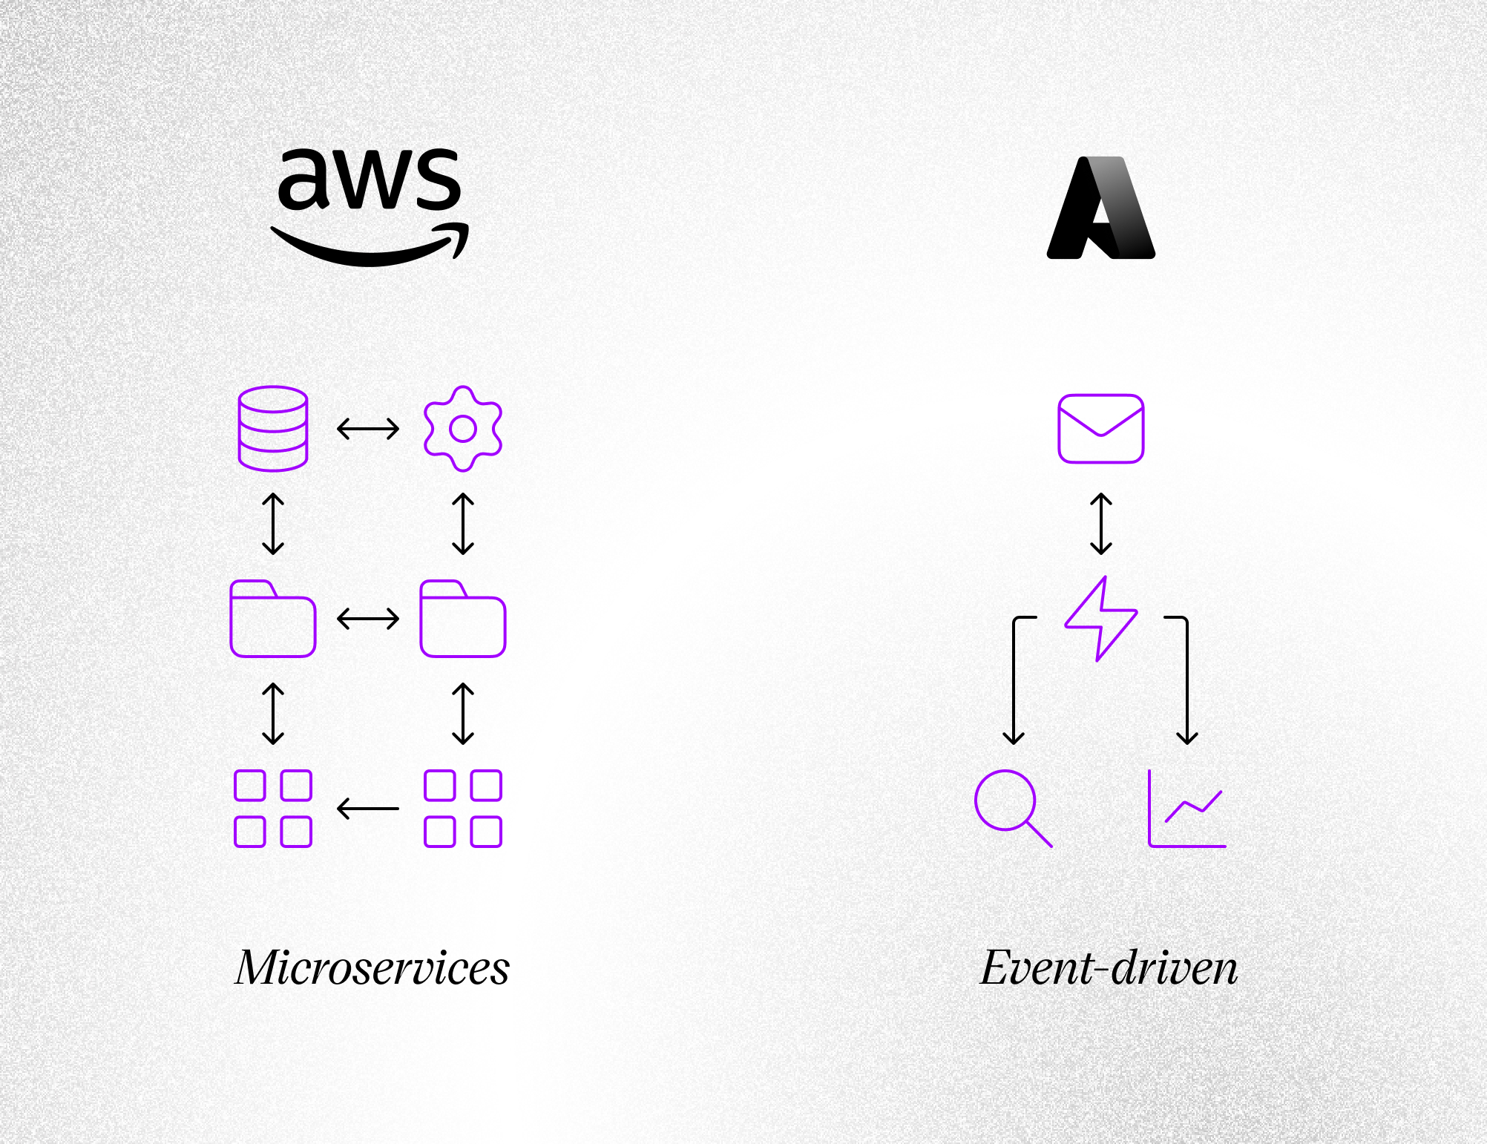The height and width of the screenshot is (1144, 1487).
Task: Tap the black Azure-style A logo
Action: (x=1101, y=208)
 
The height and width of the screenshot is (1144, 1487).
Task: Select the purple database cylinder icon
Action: (x=273, y=429)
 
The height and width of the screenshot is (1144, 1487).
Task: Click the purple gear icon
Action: (x=463, y=429)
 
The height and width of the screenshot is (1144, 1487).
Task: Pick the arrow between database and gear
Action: (x=368, y=429)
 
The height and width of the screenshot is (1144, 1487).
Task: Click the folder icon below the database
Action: (x=273, y=619)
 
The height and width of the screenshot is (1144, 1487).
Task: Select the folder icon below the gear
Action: (x=463, y=619)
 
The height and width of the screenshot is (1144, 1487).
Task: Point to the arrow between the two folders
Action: (x=368, y=619)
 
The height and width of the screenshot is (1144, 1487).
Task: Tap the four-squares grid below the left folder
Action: (x=273, y=809)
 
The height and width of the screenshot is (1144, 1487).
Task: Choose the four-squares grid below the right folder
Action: (x=463, y=809)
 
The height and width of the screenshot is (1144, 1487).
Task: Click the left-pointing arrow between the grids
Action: (x=368, y=809)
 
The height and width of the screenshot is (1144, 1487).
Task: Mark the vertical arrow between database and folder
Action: (x=273, y=524)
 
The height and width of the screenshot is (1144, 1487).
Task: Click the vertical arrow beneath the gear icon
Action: (x=463, y=524)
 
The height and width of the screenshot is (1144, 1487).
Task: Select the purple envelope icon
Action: (x=1101, y=429)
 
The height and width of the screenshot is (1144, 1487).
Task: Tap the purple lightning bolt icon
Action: (x=1101, y=619)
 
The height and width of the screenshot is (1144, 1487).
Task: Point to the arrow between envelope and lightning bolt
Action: (x=1101, y=524)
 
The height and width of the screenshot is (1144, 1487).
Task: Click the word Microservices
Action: (x=372, y=968)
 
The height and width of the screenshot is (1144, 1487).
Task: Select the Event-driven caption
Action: (x=1109, y=968)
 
